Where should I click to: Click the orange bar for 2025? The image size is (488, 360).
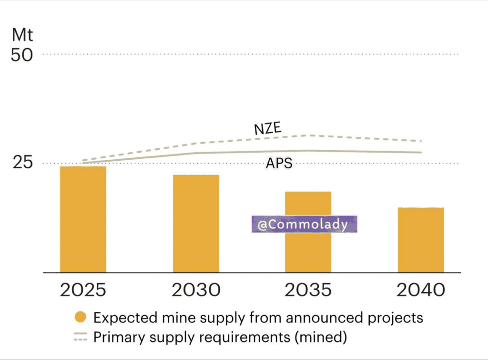coord(83,219)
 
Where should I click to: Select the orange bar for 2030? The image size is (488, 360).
coord(196,224)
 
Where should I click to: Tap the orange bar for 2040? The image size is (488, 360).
coord(421,240)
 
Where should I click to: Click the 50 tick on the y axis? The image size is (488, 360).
coord(22,55)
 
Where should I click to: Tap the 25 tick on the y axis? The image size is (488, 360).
coord(22,162)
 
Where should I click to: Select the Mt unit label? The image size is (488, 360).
coord(22,34)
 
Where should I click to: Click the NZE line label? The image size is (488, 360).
coord(268,128)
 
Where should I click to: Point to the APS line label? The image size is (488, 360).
coord(279,163)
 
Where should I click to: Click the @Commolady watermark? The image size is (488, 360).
coord(305,224)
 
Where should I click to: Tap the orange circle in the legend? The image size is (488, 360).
coord(81,317)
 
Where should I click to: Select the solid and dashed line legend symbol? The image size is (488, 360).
coord(81,337)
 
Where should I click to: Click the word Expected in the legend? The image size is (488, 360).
coord(125,318)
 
